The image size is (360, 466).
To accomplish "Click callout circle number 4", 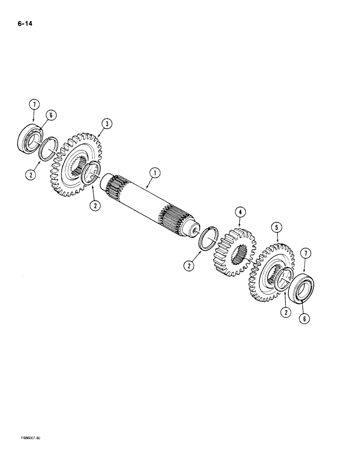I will [x=240, y=212].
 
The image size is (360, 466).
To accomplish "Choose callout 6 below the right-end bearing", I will [x=306, y=318].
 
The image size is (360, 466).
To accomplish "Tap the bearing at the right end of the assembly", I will [x=300, y=289].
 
